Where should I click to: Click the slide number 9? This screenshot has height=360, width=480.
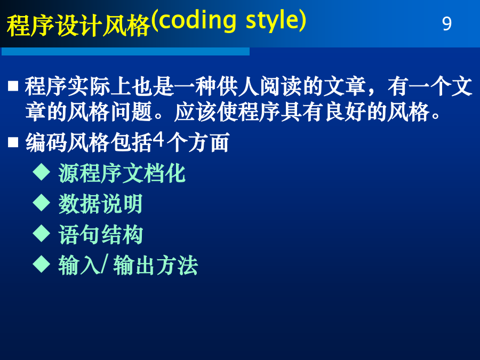click(446, 23)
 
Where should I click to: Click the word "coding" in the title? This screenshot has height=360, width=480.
click(197, 20)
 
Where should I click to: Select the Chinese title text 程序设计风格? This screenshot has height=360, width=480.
click(78, 26)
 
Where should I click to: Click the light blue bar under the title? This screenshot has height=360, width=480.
click(125, 51)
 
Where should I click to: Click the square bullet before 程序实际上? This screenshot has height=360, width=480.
click(13, 86)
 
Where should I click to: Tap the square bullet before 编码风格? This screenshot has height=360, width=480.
click(13, 142)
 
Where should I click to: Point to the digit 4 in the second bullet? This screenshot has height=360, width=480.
click(158, 140)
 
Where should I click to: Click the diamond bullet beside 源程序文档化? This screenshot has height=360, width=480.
click(41, 172)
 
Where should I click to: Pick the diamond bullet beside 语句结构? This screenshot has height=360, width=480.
click(41, 233)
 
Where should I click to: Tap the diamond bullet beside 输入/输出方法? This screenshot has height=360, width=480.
click(41, 264)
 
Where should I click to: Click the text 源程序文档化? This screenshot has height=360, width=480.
click(122, 173)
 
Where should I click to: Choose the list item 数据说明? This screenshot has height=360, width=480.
click(100, 204)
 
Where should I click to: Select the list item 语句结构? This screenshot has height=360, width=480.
click(100, 235)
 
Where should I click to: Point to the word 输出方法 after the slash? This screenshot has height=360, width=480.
click(156, 266)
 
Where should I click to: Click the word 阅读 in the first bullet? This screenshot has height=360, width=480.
click(281, 86)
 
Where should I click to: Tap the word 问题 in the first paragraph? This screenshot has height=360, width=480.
click(131, 112)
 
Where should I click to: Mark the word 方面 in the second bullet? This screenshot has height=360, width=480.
click(209, 142)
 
